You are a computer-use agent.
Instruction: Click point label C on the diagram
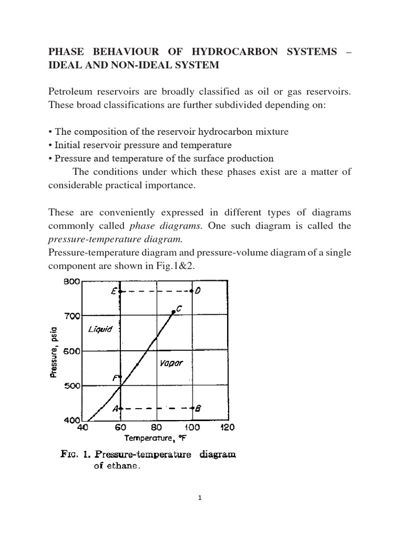pyautogui.click(x=179, y=309)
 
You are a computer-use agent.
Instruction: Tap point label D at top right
pyautogui.click(x=198, y=291)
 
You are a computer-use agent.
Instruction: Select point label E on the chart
pyautogui.click(x=114, y=292)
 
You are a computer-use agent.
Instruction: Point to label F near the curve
pyautogui.click(x=115, y=378)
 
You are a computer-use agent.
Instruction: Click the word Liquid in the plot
pyautogui.click(x=100, y=329)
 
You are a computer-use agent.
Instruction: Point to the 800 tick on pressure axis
pyautogui.click(x=71, y=282)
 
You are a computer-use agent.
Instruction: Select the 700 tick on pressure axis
pyautogui.click(x=71, y=316)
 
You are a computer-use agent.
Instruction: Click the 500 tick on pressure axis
pyautogui.click(x=71, y=386)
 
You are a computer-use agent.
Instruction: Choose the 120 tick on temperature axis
pyautogui.click(x=228, y=428)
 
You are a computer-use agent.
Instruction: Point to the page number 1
pyautogui.click(x=200, y=498)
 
